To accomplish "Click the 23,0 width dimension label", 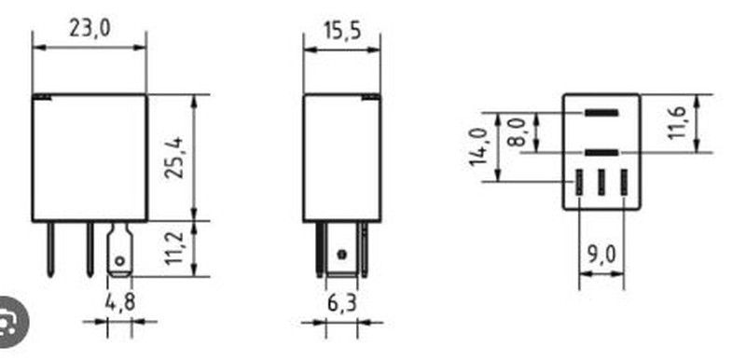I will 90,29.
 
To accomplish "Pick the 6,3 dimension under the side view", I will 341,304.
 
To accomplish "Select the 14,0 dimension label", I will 479,147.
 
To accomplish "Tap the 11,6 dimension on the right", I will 678,123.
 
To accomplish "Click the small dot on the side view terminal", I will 341,254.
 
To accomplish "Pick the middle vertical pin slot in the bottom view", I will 601,180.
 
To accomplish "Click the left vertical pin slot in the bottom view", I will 579,180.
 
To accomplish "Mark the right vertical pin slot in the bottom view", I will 624,180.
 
